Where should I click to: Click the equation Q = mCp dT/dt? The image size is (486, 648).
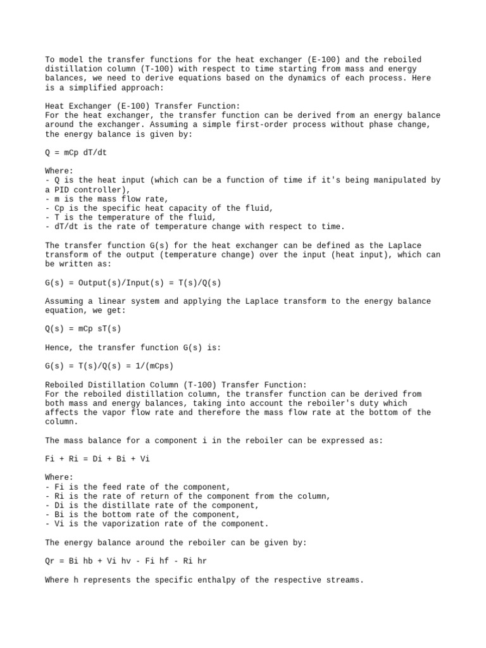click(x=82, y=153)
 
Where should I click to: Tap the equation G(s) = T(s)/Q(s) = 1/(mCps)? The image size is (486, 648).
click(x=109, y=366)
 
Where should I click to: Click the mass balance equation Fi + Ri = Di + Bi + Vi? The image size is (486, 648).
click(x=98, y=459)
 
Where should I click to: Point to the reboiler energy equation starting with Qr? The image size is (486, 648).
click(x=126, y=561)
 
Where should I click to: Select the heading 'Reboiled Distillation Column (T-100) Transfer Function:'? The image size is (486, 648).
click(x=176, y=385)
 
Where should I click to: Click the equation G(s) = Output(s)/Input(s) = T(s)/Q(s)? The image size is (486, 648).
click(x=133, y=283)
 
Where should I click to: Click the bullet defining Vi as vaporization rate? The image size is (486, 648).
click(x=157, y=524)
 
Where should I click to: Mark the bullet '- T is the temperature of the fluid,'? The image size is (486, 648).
click(x=129, y=218)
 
